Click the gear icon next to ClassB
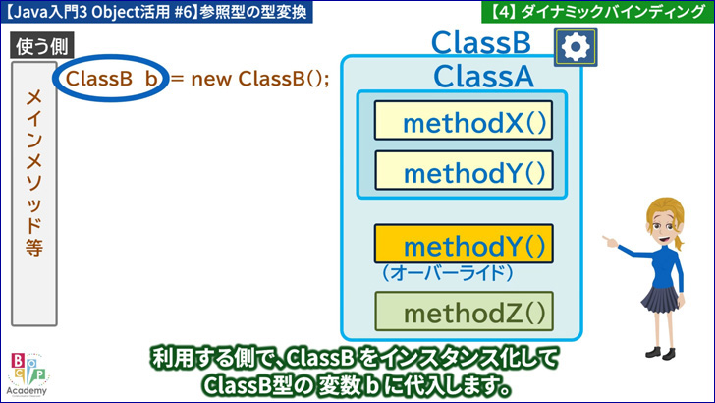pos(576,47)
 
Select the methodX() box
pos(464,121)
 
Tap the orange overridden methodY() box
pos(464,244)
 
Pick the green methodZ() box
pos(464,312)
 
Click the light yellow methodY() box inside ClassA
pos(464,170)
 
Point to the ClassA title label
pos(483,77)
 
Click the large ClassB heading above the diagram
pos(481,43)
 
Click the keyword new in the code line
pos(211,80)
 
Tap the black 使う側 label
pos(42,46)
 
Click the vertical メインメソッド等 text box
pos(34,194)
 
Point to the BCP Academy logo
pos(27,374)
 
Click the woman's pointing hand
pos(610,241)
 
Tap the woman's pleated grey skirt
pos(661,298)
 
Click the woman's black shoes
pos(660,352)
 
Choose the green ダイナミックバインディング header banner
pos(598,12)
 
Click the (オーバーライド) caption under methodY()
pos(448,273)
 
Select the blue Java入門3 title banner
pos(156,12)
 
